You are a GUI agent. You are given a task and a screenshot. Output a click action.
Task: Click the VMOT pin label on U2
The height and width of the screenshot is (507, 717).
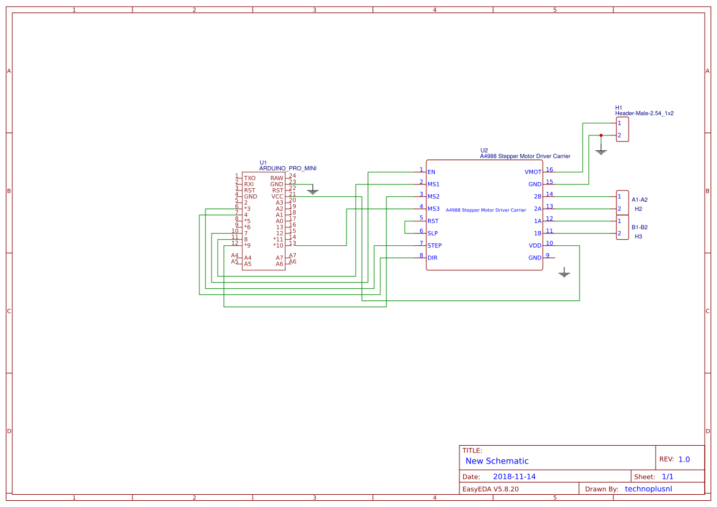point(533,172)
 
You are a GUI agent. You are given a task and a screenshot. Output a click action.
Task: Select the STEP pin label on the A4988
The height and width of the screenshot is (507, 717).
point(434,246)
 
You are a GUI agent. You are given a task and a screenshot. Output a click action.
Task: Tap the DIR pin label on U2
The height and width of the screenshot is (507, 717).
point(432,258)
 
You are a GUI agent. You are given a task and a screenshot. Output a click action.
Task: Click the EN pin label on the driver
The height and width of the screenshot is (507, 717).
point(431,172)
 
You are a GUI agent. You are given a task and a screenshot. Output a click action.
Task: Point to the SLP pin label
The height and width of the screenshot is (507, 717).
point(432,234)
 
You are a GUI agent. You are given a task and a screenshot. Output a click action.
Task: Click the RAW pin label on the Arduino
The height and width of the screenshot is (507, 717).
point(277,178)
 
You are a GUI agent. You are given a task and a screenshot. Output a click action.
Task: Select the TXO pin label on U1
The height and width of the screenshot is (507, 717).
point(250,178)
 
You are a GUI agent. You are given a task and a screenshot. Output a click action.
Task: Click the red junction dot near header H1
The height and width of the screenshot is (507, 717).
point(601,135)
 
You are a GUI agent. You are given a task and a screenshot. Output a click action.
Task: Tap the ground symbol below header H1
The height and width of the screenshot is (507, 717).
point(601,151)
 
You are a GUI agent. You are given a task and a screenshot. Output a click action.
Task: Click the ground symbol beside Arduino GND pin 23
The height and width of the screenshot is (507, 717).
point(313,192)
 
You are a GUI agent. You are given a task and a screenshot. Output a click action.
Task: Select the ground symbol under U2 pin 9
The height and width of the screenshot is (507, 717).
point(564,274)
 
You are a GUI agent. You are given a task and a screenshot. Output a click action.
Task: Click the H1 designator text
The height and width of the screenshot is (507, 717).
point(618,108)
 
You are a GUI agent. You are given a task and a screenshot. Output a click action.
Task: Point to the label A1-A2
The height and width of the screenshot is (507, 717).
point(639,200)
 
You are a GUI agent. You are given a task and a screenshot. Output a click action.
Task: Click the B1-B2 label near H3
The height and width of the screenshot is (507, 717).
point(639,227)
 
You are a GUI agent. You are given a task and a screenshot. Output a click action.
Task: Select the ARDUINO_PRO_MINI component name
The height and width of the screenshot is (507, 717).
point(288,168)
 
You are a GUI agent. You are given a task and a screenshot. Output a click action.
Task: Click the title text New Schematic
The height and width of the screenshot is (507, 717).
point(497,461)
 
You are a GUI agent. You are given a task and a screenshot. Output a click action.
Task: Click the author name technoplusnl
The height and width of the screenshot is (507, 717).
point(648,489)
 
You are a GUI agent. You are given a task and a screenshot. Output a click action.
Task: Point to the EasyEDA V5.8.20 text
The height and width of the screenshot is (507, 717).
point(490,489)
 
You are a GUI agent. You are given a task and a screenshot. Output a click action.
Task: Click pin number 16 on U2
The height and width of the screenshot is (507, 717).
point(549,170)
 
